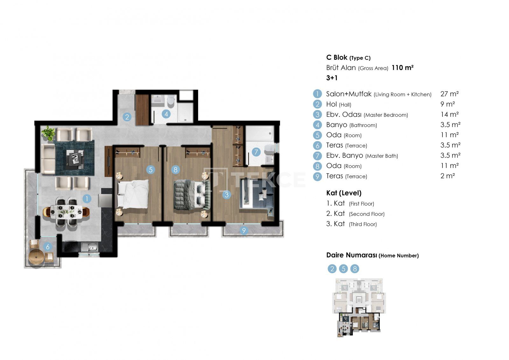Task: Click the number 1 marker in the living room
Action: [x=87, y=199]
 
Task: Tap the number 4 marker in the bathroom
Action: [x=166, y=114]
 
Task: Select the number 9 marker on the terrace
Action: [x=244, y=230]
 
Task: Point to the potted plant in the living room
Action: [x=48, y=133]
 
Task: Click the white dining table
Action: [x=66, y=212]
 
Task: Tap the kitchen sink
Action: [x=89, y=247]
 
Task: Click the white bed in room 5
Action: [x=133, y=194]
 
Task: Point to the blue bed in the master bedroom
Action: [x=257, y=193]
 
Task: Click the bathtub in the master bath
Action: [x=260, y=133]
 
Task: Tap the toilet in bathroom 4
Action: [x=171, y=101]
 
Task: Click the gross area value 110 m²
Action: [x=402, y=67]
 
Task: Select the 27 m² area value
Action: [x=450, y=94]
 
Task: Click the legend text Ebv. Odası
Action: [x=344, y=114]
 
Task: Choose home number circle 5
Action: [x=343, y=269]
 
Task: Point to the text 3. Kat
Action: [x=335, y=224]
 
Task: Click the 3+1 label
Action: [x=332, y=78]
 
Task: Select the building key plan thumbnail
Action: [x=359, y=308]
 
